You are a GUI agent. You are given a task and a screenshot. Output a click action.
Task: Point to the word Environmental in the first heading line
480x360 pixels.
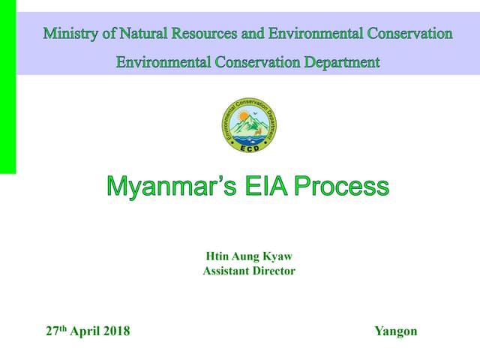point(314,34)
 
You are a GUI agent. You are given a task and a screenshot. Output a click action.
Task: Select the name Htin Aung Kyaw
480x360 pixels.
point(248,256)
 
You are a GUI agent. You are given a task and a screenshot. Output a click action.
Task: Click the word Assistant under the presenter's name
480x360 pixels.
point(227,271)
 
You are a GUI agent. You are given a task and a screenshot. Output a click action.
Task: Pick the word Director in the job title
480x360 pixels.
point(274,271)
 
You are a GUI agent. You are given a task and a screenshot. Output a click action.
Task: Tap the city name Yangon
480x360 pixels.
point(395,331)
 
